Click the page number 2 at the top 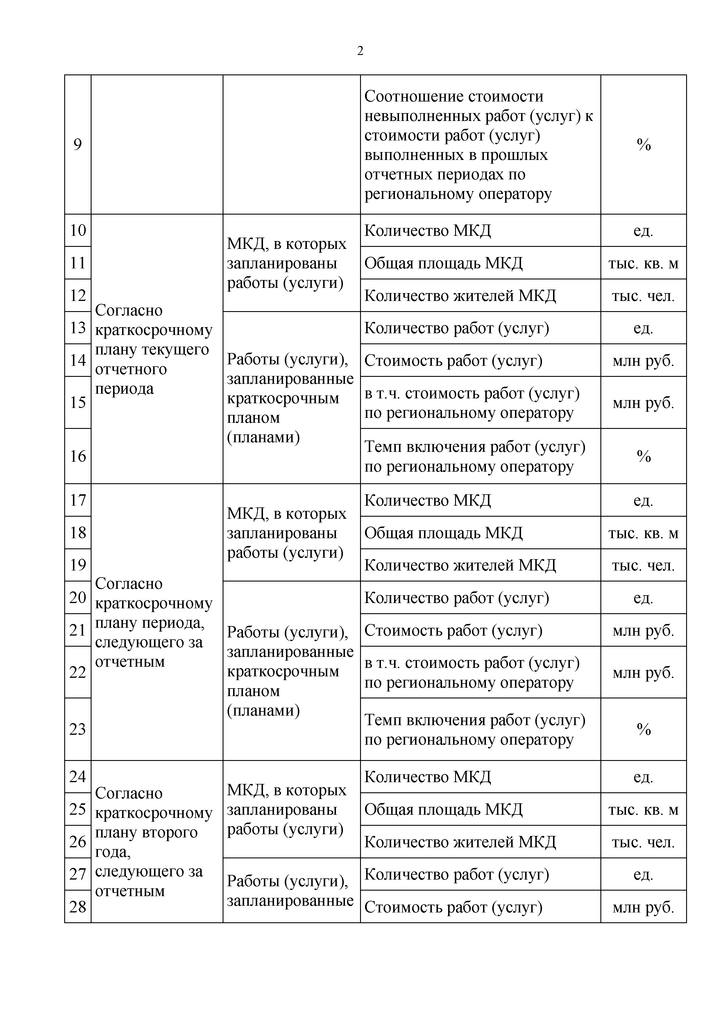tap(360, 51)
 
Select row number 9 tap(78, 145)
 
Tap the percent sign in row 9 tap(643, 145)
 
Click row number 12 tap(78, 295)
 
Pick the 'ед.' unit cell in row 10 tap(643, 231)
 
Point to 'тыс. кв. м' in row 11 tap(643, 263)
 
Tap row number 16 tap(78, 456)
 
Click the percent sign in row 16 tap(643, 456)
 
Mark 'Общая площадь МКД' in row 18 tap(443, 533)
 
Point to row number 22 tap(78, 672)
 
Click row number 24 tap(78, 776)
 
